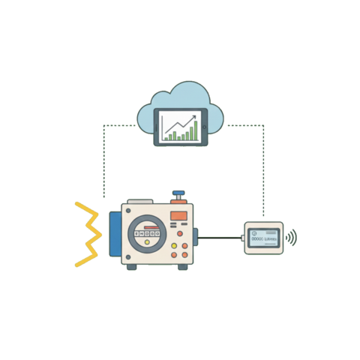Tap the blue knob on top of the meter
(178, 194)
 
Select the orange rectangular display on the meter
(178, 216)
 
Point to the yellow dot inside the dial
(147, 241)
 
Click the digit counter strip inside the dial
(147, 232)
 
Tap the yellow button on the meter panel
(175, 244)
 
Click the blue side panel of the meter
(114, 234)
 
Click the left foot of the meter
(131, 267)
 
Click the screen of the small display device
(263, 238)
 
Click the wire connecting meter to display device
(219, 238)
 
